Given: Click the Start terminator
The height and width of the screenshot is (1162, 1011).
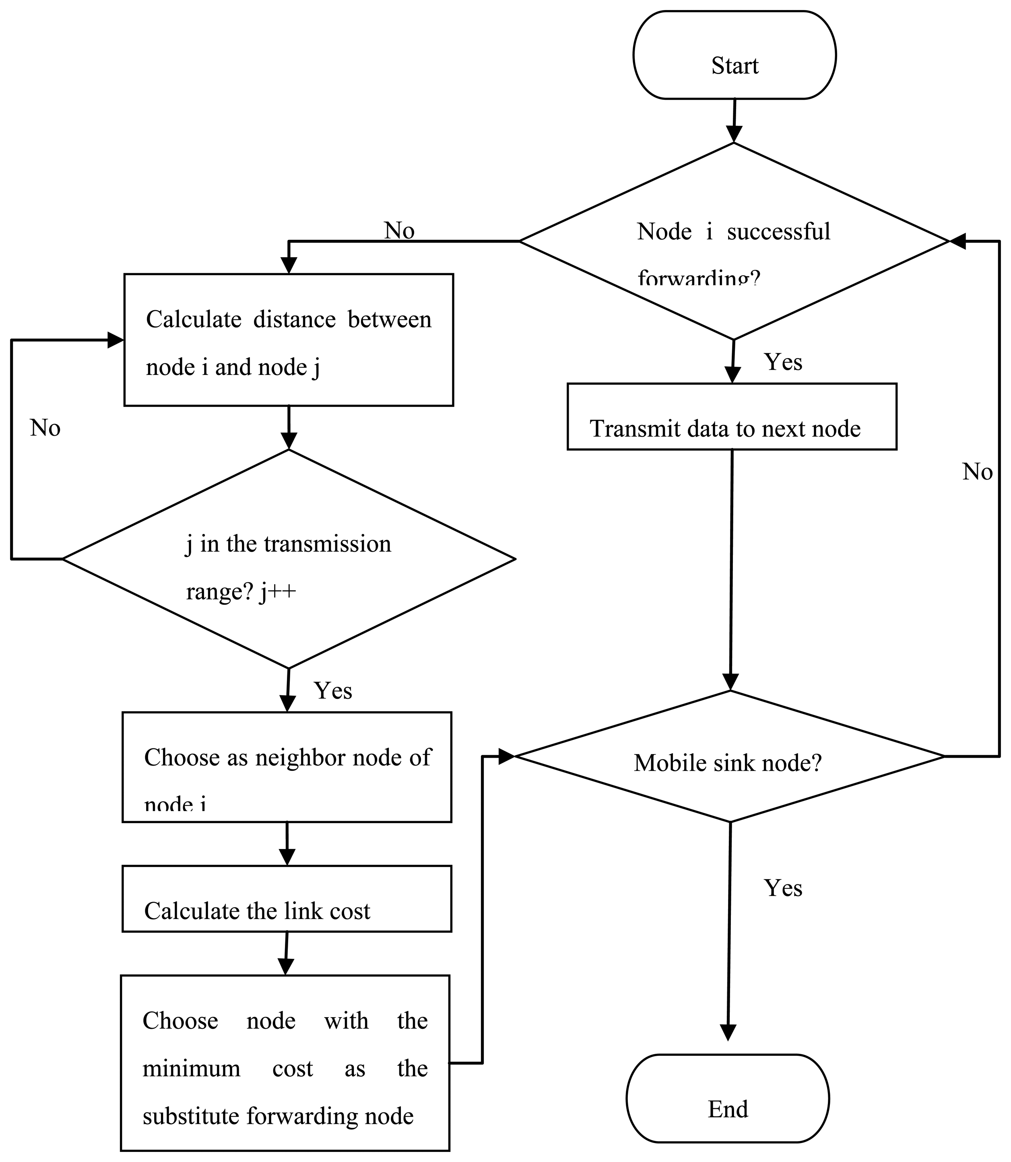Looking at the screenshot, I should tap(734, 55).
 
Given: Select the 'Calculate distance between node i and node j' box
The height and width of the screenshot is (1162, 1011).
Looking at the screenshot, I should tap(288, 340).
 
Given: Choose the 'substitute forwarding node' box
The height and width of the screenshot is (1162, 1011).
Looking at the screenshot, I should tap(285, 1063).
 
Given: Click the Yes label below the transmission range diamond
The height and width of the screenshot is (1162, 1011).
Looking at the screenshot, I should tap(333, 690).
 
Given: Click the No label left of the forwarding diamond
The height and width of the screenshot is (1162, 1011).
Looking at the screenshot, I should tap(399, 230).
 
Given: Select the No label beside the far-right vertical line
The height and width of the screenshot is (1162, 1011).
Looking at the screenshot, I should tap(977, 472).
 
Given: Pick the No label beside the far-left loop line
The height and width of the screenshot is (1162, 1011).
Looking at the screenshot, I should tap(45, 428).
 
